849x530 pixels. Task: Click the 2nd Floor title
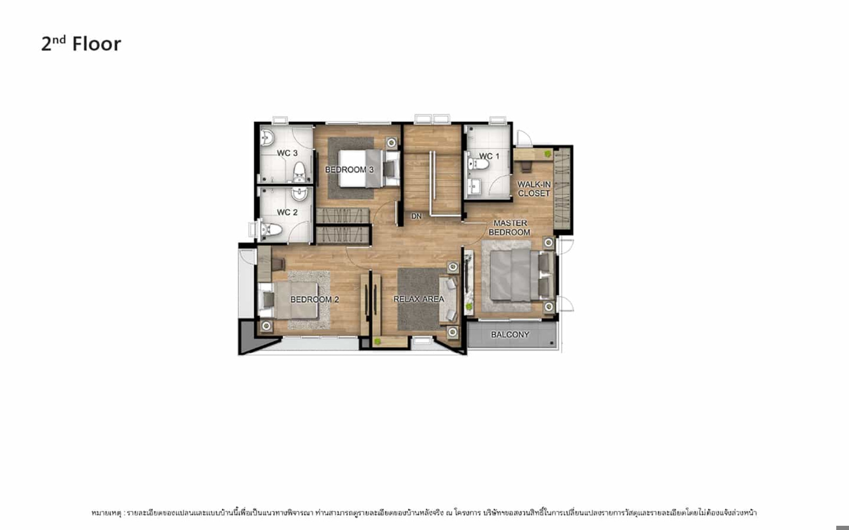point(81,43)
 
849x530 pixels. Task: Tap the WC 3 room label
point(287,153)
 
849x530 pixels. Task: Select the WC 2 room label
point(287,213)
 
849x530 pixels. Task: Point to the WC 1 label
point(489,156)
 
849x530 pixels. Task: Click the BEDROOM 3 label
point(350,170)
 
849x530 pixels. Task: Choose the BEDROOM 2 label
point(315,299)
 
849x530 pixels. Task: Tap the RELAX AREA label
point(419,299)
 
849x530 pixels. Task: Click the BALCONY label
point(510,334)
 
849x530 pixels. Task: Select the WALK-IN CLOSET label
point(534,189)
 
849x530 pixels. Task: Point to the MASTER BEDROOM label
point(510,227)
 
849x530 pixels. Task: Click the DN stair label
point(416,217)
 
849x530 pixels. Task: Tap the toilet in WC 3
point(299,173)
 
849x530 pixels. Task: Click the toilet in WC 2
point(271,229)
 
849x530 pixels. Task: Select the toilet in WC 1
point(478,164)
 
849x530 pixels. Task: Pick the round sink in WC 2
point(299,194)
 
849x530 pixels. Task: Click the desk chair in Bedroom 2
point(278,264)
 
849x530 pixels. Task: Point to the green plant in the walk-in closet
point(547,154)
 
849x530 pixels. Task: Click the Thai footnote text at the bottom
point(424,513)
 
